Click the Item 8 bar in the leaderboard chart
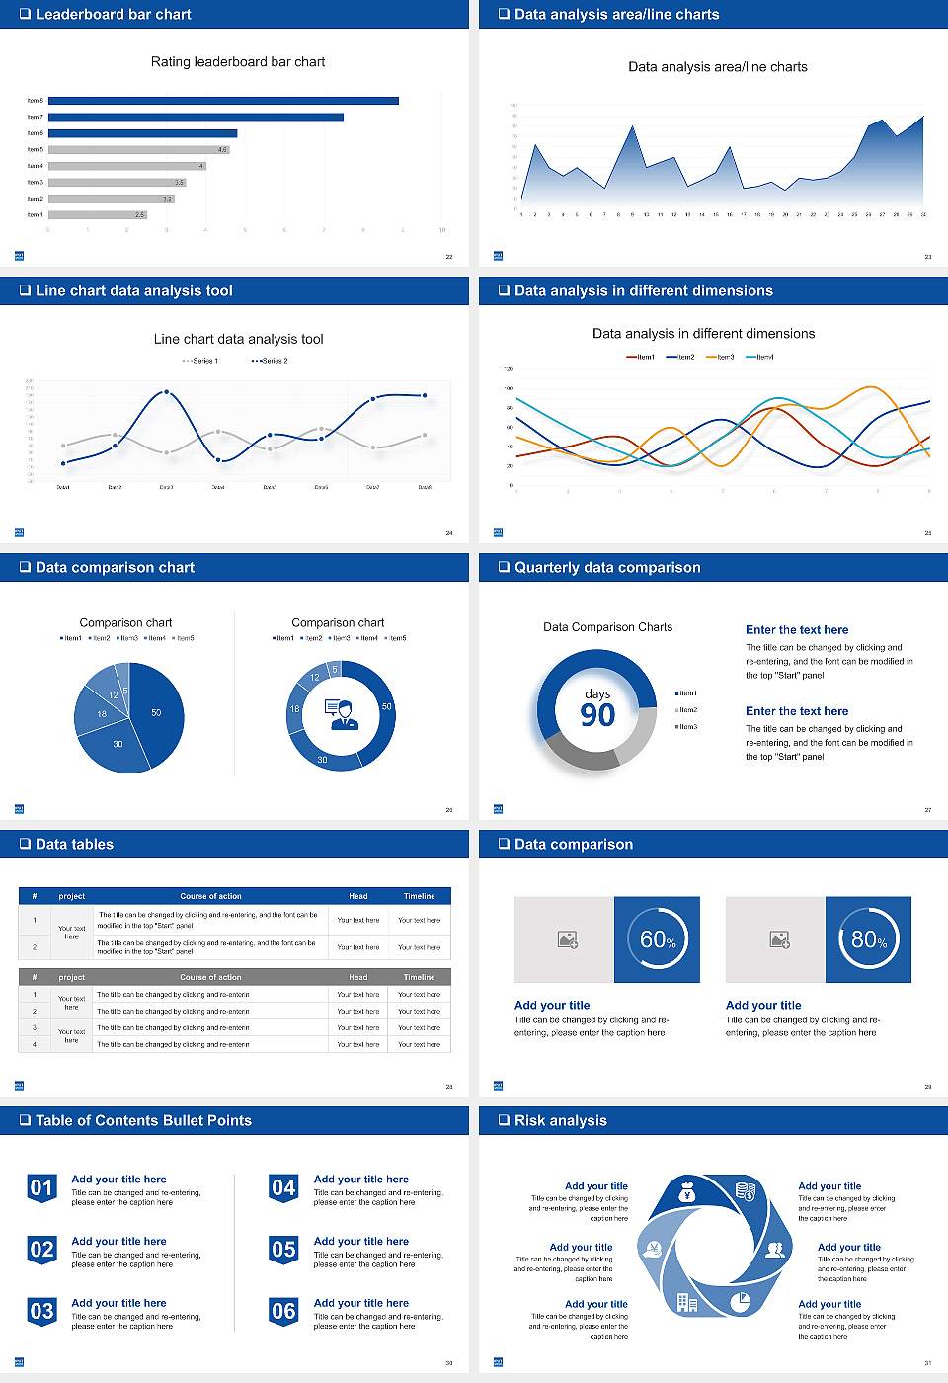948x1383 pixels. click(223, 101)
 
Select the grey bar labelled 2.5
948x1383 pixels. click(97, 214)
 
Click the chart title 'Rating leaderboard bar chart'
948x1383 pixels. click(238, 61)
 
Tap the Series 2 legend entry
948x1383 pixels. click(270, 361)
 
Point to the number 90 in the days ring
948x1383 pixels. click(597, 715)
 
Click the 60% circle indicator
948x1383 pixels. click(657, 939)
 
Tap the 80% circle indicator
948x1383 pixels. click(868, 939)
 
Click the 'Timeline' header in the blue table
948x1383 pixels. click(419, 896)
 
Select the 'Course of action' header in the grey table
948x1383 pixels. click(210, 977)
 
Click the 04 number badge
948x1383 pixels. click(283, 1188)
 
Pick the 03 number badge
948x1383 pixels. click(41, 1312)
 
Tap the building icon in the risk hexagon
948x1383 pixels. click(686, 1303)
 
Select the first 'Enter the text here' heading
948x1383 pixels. click(797, 630)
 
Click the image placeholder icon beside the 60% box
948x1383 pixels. click(567, 939)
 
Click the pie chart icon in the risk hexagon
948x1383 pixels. click(740, 1303)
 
